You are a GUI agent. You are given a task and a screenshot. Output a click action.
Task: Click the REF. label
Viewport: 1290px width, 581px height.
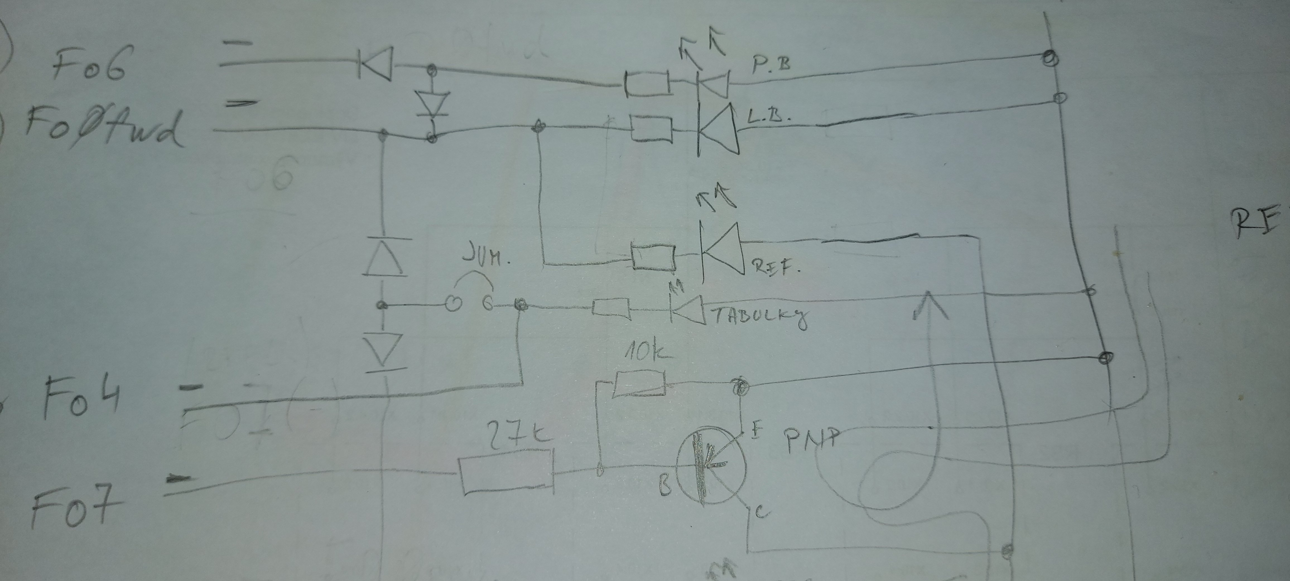776,268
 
